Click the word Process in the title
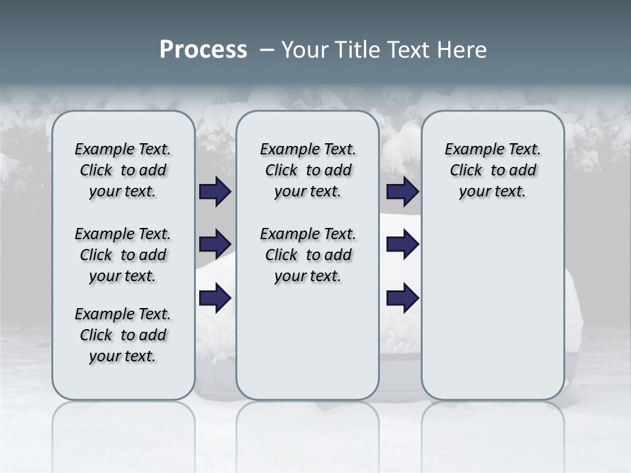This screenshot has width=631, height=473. [203, 50]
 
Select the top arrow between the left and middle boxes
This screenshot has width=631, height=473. [215, 192]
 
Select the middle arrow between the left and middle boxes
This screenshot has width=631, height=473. [215, 244]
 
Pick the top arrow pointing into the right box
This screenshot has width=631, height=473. [402, 192]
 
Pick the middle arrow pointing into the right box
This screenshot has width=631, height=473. [402, 244]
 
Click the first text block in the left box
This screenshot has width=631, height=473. [123, 170]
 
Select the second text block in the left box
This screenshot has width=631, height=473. [123, 255]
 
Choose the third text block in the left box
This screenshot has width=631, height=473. [123, 335]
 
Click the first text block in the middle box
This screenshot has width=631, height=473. [308, 170]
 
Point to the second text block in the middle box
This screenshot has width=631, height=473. [308, 255]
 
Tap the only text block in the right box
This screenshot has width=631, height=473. [493, 170]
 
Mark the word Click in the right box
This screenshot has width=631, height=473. [466, 170]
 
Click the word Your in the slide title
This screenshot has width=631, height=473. [304, 50]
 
